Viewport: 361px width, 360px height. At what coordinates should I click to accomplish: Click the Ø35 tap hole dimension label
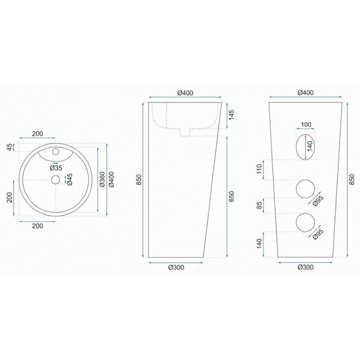pos(56,167)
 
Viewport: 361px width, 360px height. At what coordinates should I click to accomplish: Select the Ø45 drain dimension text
pos(69,180)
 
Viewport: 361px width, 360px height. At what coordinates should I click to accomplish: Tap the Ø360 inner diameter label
pos(102,180)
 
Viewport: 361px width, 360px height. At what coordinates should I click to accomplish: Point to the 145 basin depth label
pos(231,115)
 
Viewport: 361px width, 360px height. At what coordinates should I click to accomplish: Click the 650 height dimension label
pos(231,196)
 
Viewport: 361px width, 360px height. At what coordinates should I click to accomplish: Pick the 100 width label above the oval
pos(306,125)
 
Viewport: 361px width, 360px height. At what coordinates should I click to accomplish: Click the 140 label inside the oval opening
pos(310,146)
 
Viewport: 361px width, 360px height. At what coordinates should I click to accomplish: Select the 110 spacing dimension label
pos(259,169)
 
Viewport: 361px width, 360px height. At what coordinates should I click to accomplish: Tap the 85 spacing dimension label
pos(259,206)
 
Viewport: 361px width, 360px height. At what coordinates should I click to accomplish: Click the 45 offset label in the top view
pos(9,147)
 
